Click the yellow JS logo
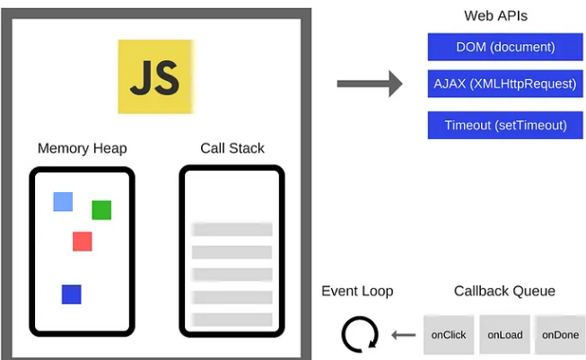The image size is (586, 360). [156, 76]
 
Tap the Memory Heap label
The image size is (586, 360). [83, 148]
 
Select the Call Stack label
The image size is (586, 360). [232, 148]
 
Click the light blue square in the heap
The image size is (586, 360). [63, 202]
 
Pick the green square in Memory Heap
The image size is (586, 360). [101, 210]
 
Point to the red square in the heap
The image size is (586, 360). [83, 241]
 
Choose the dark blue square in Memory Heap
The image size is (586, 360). [72, 294]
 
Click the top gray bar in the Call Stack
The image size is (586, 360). [232, 229]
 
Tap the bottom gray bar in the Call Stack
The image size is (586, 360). [232, 320]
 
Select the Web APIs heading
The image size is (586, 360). [495, 16]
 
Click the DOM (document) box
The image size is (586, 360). [505, 47]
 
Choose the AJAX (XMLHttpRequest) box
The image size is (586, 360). [505, 83]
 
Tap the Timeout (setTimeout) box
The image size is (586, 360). [505, 125]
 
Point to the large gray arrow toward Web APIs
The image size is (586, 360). [370, 83]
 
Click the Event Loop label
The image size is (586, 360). [357, 291]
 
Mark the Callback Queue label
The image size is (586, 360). [504, 291]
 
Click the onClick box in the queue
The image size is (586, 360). [449, 335]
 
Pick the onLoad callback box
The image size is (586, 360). [505, 335]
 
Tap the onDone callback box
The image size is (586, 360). [560, 335]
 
